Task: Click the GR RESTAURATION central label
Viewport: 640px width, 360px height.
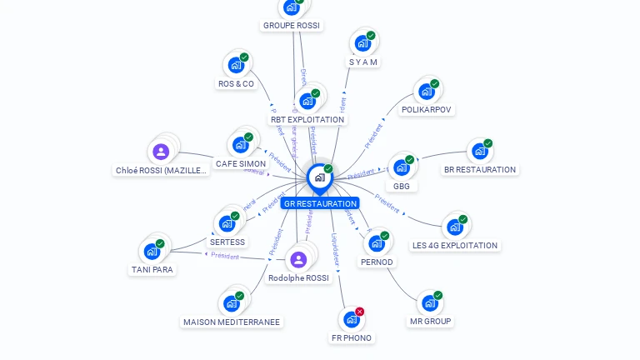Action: [x=320, y=203]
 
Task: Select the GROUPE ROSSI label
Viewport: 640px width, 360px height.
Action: [x=291, y=26]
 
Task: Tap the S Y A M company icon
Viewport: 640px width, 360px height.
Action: [x=362, y=43]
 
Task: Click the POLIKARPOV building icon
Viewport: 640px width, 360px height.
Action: [x=426, y=91]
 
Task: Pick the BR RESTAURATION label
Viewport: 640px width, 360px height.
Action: [x=480, y=169]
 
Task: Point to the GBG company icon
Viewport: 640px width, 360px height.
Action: [x=402, y=167]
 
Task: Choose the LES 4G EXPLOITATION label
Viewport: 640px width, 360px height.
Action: [x=455, y=245]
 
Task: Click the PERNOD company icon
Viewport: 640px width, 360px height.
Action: [x=377, y=243]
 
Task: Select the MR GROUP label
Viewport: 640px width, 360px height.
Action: [x=430, y=321]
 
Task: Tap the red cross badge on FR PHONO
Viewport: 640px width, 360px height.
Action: [x=360, y=312]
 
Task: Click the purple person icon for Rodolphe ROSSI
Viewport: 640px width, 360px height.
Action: [x=298, y=259]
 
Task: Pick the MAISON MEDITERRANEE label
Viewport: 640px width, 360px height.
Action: [x=232, y=322]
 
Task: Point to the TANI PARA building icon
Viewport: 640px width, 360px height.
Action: [x=152, y=251]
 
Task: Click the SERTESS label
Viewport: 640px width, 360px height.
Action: [x=227, y=242]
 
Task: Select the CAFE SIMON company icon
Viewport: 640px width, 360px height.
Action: [x=241, y=145]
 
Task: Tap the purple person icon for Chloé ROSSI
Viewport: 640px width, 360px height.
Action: [x=161, y=152]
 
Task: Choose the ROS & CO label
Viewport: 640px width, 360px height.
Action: [x=236, y=83]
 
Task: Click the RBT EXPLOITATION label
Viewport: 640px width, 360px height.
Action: [x=307, y=119]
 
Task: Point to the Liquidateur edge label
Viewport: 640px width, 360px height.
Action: [x=335, y=249]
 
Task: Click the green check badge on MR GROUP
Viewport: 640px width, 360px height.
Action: [x=437, y=295]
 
